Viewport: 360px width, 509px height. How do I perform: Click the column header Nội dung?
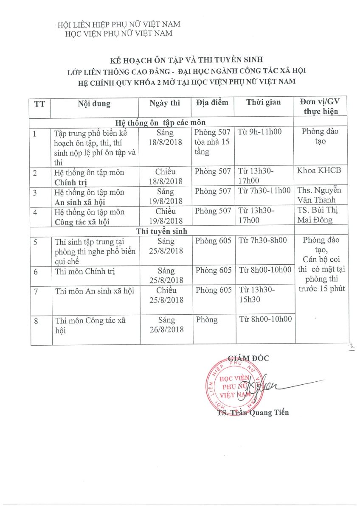click(x=94, y=103)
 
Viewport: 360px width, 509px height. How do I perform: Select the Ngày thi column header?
click(x=165, y=103)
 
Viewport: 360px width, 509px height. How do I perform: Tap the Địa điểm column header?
click(x=212, y=103)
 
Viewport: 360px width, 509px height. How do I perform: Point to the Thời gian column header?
click(x=263, y=103)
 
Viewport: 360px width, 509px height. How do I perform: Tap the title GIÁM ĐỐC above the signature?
click(x=249, y=358)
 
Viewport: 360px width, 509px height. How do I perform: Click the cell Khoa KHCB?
click(x=320, y=171)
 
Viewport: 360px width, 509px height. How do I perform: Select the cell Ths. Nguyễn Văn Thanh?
click(x=320, y=195)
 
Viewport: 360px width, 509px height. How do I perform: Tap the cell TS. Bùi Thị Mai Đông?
click(x=320, y=215)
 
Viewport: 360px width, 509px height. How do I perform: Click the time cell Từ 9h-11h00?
click(x=260, y=132)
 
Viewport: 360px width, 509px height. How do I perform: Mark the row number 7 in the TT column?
click(x=37, y=291)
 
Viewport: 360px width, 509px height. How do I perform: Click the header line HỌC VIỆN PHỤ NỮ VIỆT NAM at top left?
click(x=118, y=34)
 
